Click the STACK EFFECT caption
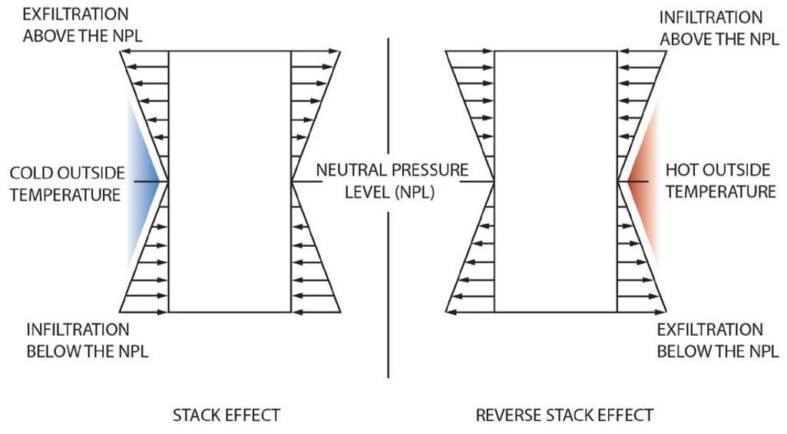pyautogui.click(x=226, y=415)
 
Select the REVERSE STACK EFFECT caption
pyautogui.click(x=564, y=415)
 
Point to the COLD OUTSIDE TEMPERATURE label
pyautogui.click(x=65, y=184)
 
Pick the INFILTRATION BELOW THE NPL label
pyautogui.click(x=88, y=340)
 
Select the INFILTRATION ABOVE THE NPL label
pyautogui.click(x=712, y=27)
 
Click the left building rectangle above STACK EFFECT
pyautogui.click(x=230, y=181)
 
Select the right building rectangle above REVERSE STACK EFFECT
pyautogui.click(x=555, y=181)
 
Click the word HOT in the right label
pyautogui.click(x=681, y=170)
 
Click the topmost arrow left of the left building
pyautogui.click(x=144, y=52)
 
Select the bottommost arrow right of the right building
pyautogui.click(x=641, y=311)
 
